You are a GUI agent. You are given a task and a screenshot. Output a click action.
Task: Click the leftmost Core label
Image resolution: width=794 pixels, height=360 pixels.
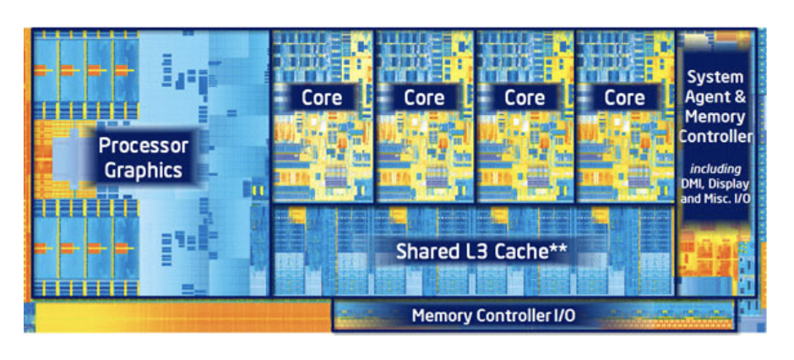(x=322, y=98)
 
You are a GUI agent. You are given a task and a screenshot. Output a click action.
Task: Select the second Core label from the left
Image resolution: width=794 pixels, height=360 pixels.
(x=424, y=98)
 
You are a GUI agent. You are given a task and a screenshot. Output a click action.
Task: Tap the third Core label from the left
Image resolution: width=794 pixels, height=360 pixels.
(x=525, y=98)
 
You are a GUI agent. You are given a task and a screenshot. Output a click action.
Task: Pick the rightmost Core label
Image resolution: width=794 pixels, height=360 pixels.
(x=624, y=98)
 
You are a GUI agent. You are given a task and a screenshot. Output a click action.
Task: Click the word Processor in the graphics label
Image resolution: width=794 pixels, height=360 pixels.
(x=144, y=145)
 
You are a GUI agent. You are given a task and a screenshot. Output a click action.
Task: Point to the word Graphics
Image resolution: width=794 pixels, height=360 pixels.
(x=144, y=170)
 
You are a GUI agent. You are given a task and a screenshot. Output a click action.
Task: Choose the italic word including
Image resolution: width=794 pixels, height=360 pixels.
(x=715, y=168)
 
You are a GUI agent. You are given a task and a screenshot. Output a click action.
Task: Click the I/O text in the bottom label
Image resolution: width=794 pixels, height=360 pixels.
(x=564, y=316)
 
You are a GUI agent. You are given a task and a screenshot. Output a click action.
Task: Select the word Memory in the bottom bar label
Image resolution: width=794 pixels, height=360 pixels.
(x=441, y=316)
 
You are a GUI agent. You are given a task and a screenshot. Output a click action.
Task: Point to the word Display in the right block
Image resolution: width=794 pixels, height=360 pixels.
(x=731, y=184)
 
